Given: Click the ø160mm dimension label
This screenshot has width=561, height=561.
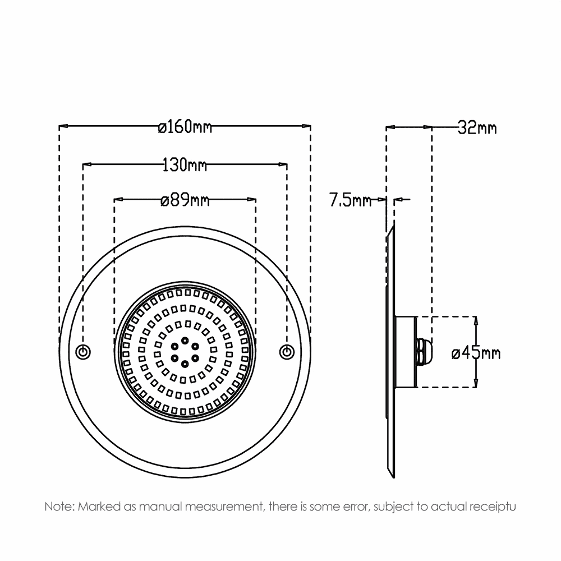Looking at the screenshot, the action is [x=185, y=127].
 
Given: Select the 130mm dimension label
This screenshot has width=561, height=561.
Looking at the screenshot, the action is [x=185, y=165].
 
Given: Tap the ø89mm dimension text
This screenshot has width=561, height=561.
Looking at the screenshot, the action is [x=185, y=200].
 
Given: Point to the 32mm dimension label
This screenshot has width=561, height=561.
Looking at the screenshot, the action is [x=477, y=128].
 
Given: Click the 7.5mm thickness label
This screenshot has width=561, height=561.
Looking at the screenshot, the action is [x=351, y=200].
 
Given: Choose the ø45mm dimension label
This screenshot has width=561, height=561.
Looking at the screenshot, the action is [x=476, y=353].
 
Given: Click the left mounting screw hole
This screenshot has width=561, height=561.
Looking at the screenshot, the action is [x=83, y=352].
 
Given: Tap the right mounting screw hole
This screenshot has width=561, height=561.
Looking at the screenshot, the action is [x=287, y=352].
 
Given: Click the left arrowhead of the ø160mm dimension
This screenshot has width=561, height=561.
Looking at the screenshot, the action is [x=63, y=126].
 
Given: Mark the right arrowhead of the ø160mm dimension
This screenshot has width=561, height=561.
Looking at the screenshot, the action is [x=306, y=126].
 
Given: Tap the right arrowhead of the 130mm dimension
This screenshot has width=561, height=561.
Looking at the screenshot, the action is [x=283, y=164].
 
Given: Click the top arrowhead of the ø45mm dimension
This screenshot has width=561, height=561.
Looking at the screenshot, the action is [x=476, y=321].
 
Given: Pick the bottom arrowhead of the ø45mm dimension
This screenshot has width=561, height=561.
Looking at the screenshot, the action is [x=476, y=383].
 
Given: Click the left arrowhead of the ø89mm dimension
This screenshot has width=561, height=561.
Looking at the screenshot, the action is [x=118, y=199].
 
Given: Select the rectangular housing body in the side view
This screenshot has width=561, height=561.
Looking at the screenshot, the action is [x=405, y=352].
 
